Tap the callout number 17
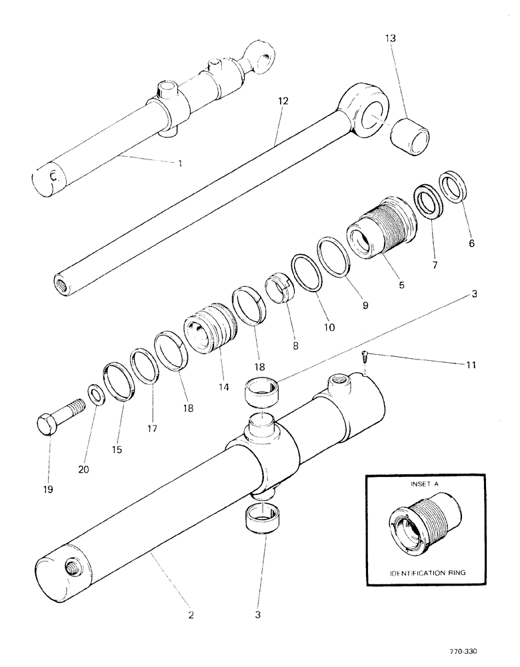pos(152,429)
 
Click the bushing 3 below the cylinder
pos(265,518)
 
